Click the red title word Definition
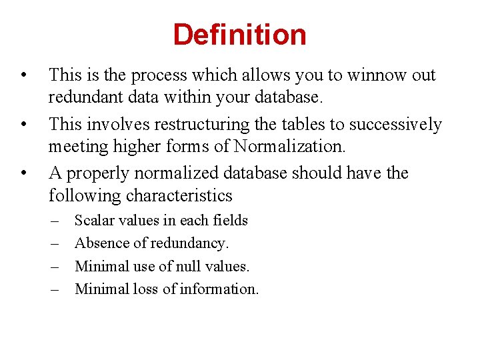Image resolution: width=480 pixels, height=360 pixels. pyautogui.click(x=239, y=35)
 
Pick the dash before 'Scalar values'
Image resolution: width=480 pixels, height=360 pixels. pyautogui.click(x=55, y=221)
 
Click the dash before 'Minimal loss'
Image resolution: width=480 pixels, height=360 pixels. pyautogui.click(x=55, y=289)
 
